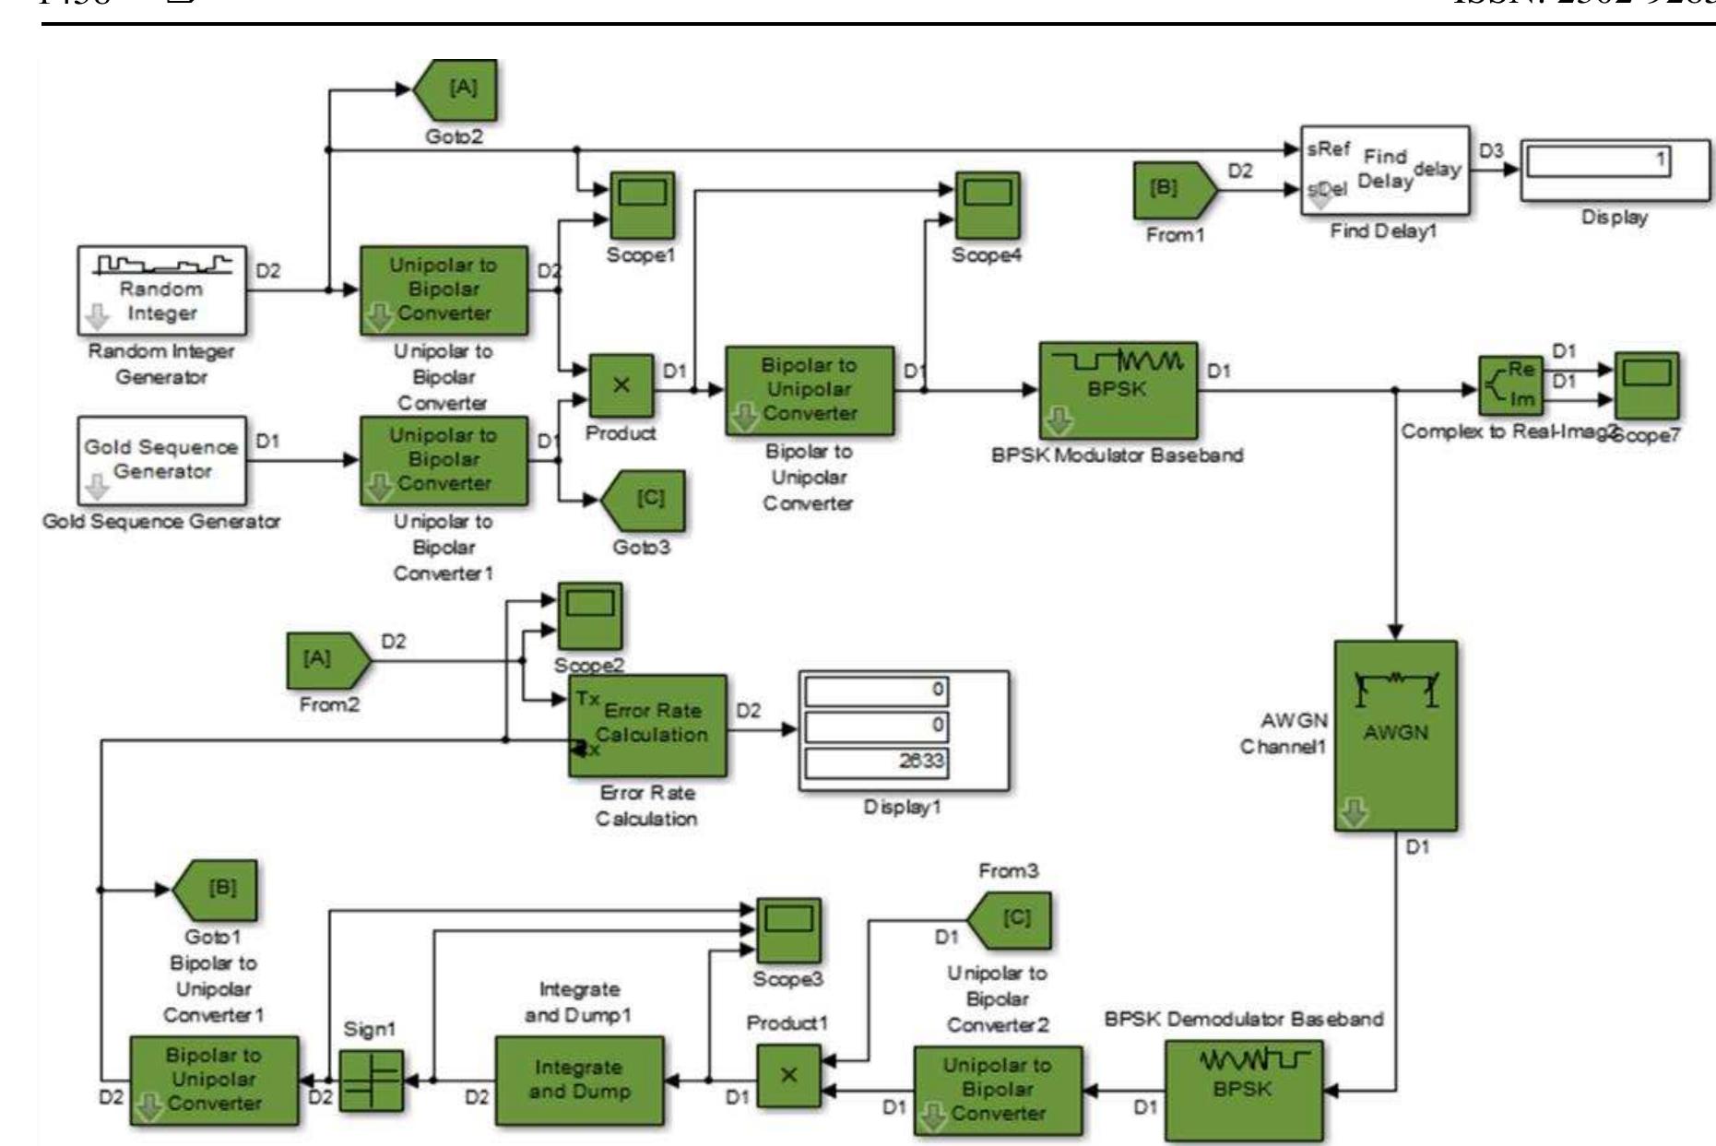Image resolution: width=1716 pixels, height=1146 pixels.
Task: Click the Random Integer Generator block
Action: tap(162, 289)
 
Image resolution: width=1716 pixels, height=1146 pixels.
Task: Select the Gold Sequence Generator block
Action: tap(162, 458)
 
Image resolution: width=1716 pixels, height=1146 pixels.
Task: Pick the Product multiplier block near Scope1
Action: tap(621, 385)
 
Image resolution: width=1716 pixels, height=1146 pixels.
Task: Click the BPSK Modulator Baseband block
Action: tap(1118, 390)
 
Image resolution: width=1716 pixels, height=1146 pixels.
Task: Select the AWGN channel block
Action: tap(1395, 735)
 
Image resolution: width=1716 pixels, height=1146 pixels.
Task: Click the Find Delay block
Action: tap(1385, 170)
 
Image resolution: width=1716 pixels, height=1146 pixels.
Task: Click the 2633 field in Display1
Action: tap(876, 762)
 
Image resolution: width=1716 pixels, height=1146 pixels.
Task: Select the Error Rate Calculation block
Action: tap(647, 725)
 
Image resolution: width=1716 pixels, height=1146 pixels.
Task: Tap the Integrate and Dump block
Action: tap(578, 1080)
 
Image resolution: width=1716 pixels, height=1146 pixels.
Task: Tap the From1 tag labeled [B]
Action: tap(1173, 191)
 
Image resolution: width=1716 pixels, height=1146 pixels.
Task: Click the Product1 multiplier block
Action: tap(788, 1075)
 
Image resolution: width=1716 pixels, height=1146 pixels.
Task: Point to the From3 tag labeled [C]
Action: tap(1009, 919)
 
